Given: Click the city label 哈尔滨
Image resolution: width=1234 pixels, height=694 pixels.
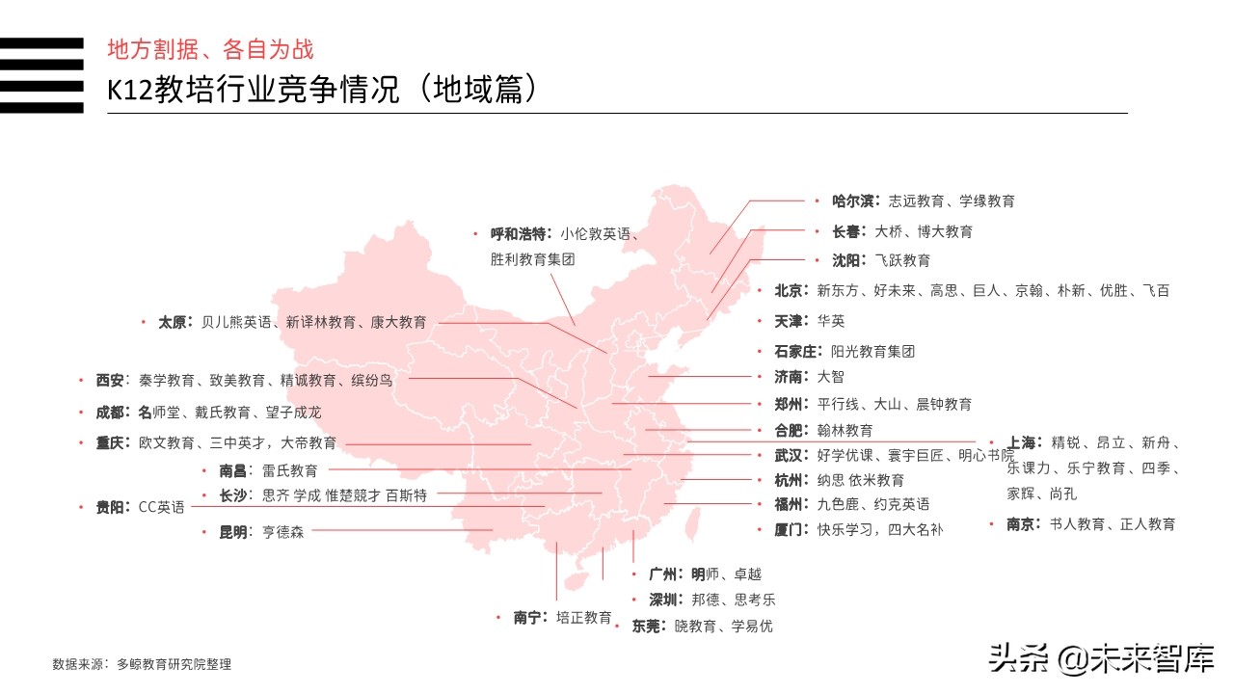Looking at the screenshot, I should [852, 201].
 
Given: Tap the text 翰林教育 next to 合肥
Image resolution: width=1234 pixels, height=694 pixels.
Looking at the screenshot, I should [845, 431].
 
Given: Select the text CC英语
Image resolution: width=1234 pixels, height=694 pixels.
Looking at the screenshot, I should [161, 507].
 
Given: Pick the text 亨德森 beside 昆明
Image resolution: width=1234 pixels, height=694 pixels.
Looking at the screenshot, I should [282, 531].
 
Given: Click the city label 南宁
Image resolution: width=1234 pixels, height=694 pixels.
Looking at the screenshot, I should [531, 618].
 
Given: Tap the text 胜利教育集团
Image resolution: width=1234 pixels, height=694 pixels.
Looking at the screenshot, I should [532, 260].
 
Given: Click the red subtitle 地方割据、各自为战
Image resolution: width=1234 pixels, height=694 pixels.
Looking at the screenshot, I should [210, 50].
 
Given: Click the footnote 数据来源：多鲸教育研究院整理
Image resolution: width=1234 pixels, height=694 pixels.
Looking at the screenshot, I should [142, 664].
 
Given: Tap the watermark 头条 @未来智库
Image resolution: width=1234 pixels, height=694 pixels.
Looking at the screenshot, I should [1100, 660].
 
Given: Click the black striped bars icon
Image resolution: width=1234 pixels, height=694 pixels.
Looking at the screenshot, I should [41, 75].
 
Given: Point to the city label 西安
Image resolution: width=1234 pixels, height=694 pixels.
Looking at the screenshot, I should [110, 381].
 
